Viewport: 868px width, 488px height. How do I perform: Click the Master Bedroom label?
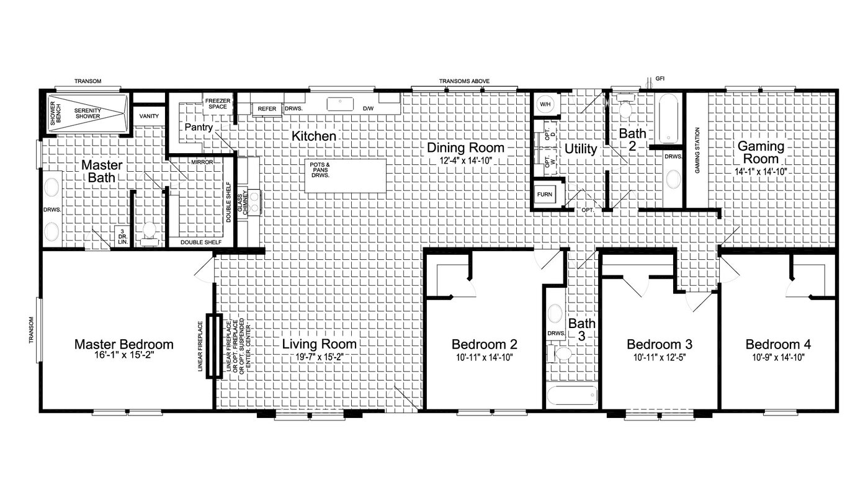[123, 344]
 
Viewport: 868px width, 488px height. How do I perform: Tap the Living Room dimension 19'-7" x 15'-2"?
[320, 357]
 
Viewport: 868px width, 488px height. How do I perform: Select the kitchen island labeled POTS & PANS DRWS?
[345, 176]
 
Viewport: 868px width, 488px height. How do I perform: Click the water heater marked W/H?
[545, 104]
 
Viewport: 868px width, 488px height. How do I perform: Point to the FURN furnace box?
[544, 195]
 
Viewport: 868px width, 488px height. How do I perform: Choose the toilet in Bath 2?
[625, 106]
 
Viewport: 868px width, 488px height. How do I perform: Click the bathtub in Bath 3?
[572, 396]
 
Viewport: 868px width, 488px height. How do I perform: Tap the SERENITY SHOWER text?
[87, 113]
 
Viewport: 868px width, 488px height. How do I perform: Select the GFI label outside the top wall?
[660, 79]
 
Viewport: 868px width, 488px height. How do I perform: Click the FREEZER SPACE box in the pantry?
[218, 104]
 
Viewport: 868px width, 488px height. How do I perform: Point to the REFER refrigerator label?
[267, 109]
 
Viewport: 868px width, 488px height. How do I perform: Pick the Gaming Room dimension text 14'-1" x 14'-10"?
[761, 172]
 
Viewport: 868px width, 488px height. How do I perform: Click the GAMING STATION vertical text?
[697, 150]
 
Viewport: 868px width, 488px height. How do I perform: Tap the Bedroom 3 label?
[660, 344]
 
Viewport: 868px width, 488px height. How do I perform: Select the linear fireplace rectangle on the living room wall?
[214, 346]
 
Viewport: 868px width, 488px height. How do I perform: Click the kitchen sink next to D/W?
[340, 104]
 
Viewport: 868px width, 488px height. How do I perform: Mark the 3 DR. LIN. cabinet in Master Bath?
[122, 236]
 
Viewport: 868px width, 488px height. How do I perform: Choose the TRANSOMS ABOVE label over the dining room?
[464, 81]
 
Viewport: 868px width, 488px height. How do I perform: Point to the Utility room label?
[581, 149]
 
